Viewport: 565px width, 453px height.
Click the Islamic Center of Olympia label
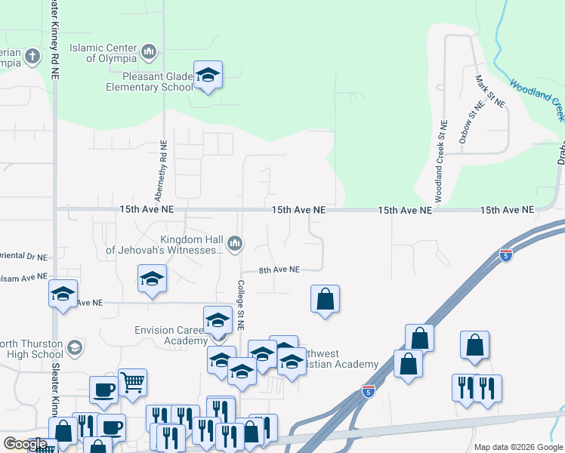coord(103,53)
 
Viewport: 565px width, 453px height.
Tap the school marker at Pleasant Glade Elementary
coord(208,75)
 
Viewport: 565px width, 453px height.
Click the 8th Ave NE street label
coord(279,270)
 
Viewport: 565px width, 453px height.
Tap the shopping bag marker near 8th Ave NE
coord(325,299)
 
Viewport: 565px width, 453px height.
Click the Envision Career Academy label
coord(170,335)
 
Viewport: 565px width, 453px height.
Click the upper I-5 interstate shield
coord(506,256)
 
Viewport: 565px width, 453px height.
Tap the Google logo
coord(26,443)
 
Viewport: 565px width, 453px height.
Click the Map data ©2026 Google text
coord(517,447)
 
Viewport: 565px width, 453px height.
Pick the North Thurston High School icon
coord(74,347)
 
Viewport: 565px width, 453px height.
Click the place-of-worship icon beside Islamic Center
coord(149,52)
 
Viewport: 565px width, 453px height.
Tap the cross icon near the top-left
coord(32,56)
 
